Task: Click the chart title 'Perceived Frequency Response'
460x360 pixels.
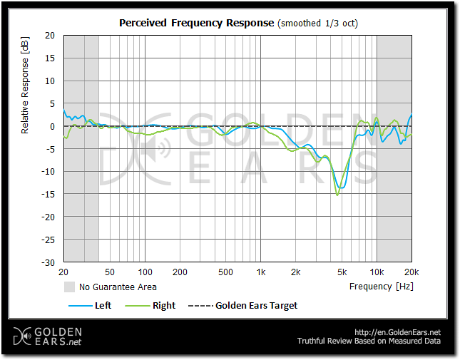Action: point(195,23)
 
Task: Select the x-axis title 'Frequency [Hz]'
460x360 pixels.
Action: point(381,287)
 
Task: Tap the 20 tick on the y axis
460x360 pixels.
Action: point(50,35)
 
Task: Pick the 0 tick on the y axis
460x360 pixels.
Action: point(52,126)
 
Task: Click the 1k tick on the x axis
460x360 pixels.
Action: point(261,272)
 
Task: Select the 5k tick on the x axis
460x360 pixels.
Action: point(342,272)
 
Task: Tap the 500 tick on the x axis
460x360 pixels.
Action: point(225,272)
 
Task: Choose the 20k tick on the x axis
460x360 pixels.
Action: point(411,272)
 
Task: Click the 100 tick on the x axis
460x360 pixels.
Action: point(145,272)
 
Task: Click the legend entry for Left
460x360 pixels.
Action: point(103,305)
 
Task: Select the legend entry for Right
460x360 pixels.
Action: point(163,305)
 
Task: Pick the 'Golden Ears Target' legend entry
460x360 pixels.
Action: point(256,305)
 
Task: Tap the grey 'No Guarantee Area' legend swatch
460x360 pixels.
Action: point(70,287)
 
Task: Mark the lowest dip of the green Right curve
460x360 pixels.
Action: point(337,195)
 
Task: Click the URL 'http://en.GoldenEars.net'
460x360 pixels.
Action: point(397,332)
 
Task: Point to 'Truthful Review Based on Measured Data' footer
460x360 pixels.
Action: point(369,341)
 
